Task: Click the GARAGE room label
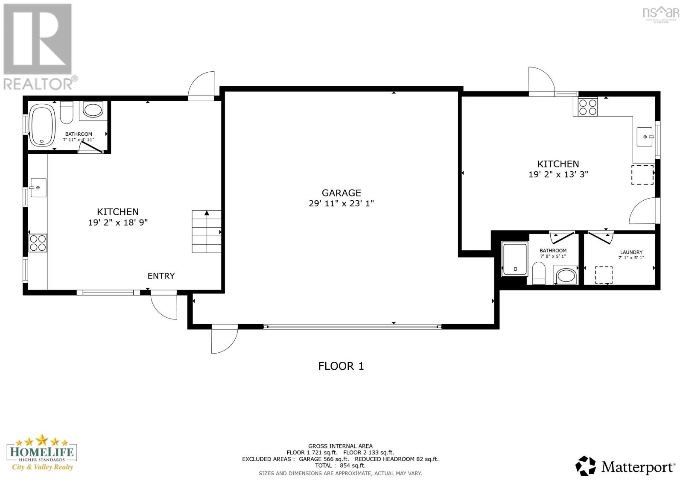pos(341,193)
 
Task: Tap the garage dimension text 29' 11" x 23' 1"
pos(341,204)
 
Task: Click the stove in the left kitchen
pos(38,243)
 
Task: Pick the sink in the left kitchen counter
pos(38,187)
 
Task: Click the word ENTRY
pos(161,276)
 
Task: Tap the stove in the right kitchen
pos(588,107)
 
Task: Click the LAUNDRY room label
pos(631,252)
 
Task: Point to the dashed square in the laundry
pos(604,275)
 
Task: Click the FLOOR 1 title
pos(341,366)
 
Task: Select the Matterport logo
pos(625,466)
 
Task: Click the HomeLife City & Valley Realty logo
pos(42,453)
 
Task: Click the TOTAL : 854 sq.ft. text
pos(340,465)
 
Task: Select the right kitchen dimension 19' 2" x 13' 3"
pos(558,174)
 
